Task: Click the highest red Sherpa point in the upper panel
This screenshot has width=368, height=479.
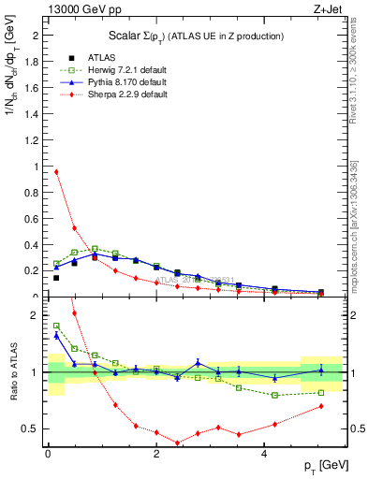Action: point(56,171)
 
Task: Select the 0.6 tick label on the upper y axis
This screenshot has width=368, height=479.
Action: point(36,219)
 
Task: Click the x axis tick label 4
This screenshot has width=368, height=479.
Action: point(266,456)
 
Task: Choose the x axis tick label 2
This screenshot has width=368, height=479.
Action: point(156,456)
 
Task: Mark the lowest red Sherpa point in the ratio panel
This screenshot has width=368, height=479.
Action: point(177,443)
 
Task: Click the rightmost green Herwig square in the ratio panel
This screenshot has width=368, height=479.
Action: point(321,393)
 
